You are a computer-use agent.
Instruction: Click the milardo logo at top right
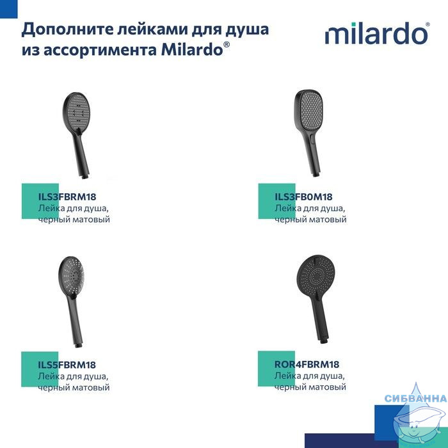pos(377,33)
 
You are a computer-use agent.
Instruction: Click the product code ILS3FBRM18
pos(67,196)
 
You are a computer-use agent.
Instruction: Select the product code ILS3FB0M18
pos(303,196)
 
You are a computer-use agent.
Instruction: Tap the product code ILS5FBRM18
pos(67,365)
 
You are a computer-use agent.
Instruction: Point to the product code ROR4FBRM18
pos(307,364)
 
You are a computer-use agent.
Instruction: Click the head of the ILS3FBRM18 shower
pos(76,112)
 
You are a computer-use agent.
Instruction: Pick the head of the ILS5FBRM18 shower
pos(72,276)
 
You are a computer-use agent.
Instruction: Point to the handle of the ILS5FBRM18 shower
pos(75,322)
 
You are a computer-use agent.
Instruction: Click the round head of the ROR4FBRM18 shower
pos(316,276)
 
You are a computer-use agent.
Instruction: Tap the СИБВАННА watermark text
pos(416,398)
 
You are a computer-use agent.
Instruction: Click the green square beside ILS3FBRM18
pos(40,201)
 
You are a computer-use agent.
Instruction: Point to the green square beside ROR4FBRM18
pos(276,369)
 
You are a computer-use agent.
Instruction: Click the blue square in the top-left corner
pos(8,9)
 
